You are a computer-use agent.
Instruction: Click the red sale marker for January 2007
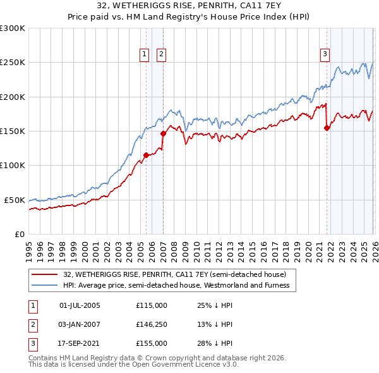(163, 133)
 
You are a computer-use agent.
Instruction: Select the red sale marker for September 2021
(327, 128)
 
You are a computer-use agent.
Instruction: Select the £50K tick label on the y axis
(15, 200)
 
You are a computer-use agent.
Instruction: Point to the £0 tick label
(20, 234)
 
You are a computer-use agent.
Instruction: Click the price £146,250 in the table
(151, 324)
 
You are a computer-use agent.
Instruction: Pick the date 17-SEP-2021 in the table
(80, 343)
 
